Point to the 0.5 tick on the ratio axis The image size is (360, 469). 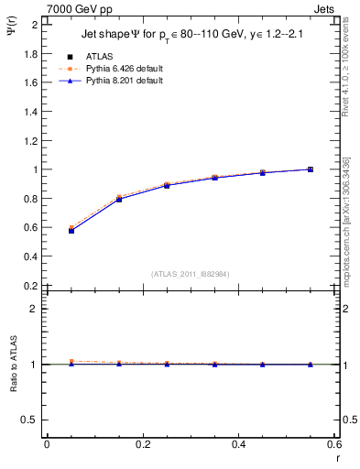click(x=29, y=420)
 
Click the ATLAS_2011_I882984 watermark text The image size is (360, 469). click(x=191, y=274)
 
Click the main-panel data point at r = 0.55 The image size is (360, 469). click(x=311, y=169)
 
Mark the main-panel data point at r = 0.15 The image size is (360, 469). click(x=119, y=199)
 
